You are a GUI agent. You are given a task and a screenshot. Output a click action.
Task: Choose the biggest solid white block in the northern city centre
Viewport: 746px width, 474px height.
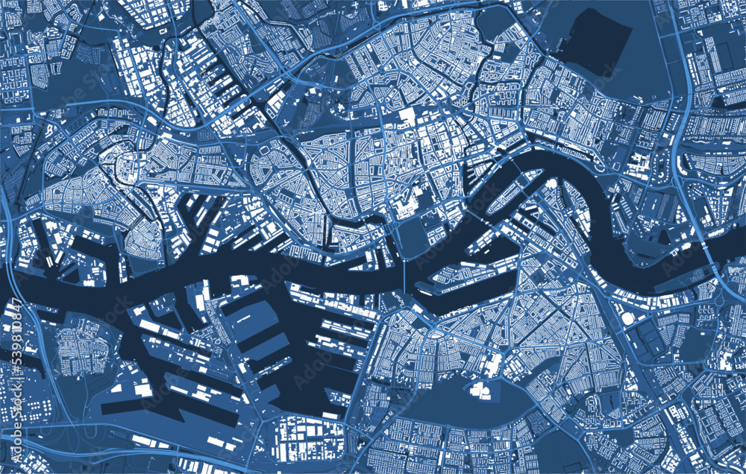tap(407, 116)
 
